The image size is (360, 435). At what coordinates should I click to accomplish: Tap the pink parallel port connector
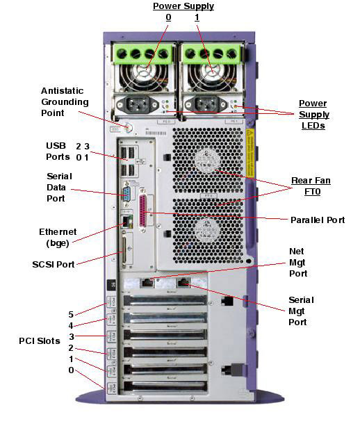coord(143,211)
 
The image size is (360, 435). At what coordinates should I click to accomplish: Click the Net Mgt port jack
coord(147,282)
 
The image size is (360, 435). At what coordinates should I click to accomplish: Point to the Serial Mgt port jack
coord(183,282)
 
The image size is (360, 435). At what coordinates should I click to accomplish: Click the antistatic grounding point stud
coord(129,127)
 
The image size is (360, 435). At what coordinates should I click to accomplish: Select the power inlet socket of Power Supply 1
coord(206,105)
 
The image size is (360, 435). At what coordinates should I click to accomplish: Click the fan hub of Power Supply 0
coord(145,70)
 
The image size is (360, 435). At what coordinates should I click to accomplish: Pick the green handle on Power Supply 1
coord(211,54)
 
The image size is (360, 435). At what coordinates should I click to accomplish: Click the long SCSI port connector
coord(124,249)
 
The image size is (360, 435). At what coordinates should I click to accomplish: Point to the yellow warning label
coord(249,153)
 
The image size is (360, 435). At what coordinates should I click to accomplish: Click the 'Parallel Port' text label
coord(318,220)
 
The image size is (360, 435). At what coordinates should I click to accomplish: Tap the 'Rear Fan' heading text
coord(311,181)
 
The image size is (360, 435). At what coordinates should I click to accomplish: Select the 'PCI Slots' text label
coord(40,341)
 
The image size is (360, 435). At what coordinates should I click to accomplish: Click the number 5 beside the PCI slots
coord(71,314)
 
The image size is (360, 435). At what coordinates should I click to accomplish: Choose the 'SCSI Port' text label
coord(54,264)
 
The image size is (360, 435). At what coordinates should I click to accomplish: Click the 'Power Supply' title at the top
coord(183,6)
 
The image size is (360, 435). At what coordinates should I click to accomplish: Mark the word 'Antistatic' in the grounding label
coord(62,91)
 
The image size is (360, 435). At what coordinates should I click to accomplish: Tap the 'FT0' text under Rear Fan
coord(313,192)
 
